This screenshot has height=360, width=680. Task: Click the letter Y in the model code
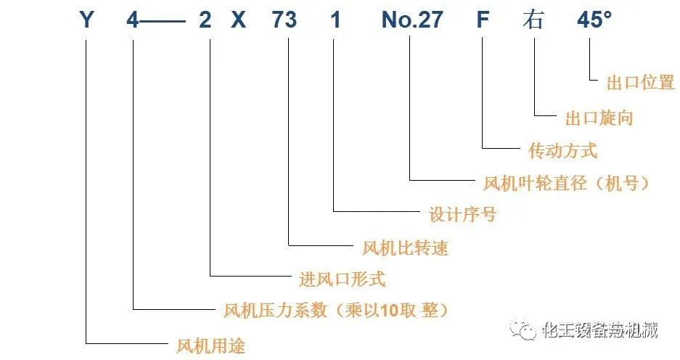86,20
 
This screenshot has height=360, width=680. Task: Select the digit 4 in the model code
132,20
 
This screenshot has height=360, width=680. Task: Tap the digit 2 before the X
205,20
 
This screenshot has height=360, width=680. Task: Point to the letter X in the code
238,20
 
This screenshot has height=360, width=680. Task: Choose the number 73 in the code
284,20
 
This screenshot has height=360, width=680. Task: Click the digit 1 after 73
335,20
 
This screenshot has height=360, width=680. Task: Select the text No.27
411,20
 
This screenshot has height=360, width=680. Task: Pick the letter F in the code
483,20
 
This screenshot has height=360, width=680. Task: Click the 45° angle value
593,20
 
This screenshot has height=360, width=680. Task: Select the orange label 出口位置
640,83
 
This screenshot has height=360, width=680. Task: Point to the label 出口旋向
599,118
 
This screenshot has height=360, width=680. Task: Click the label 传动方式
563,151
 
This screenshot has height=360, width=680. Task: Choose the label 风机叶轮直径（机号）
565,183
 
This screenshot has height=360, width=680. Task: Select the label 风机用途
211,345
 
